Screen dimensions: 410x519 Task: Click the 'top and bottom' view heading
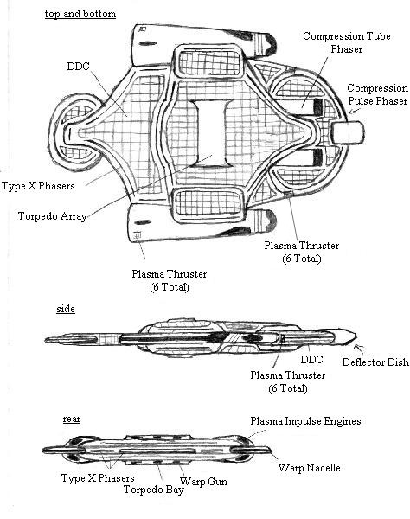(x=80, y=14)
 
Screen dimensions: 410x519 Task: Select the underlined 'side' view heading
(x=66, y=309)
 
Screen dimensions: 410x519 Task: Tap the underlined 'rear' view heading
(x=72, y=419)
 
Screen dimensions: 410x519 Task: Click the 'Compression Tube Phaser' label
(x=347, y=42)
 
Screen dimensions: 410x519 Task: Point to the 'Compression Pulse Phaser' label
(x=377, y=94)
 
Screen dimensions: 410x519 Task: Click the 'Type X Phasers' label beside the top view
(x=38, y=186)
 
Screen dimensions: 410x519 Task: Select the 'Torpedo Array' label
(x=52, y=216)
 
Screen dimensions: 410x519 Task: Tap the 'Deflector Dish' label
(x=375, y=362)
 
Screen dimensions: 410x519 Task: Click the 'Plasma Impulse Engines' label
(x=305, y=421)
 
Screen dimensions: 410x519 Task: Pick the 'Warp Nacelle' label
(x=309, y=468)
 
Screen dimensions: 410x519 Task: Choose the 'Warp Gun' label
(x=203, y=482)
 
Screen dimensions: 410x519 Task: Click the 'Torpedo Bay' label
(x=154, y=490)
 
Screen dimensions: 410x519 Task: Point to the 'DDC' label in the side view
(x=311, y=360)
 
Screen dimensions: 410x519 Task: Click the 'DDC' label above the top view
(x=78, y=67)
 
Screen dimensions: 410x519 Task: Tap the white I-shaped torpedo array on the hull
(x=212, y=133)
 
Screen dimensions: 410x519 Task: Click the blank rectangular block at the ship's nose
(x=348, y=132)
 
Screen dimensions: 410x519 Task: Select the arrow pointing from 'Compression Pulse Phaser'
(x=355, y=112)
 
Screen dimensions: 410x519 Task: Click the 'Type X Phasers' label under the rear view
(x=98, y=478)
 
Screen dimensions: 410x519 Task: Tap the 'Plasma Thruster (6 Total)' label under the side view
(x=287, y=381)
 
